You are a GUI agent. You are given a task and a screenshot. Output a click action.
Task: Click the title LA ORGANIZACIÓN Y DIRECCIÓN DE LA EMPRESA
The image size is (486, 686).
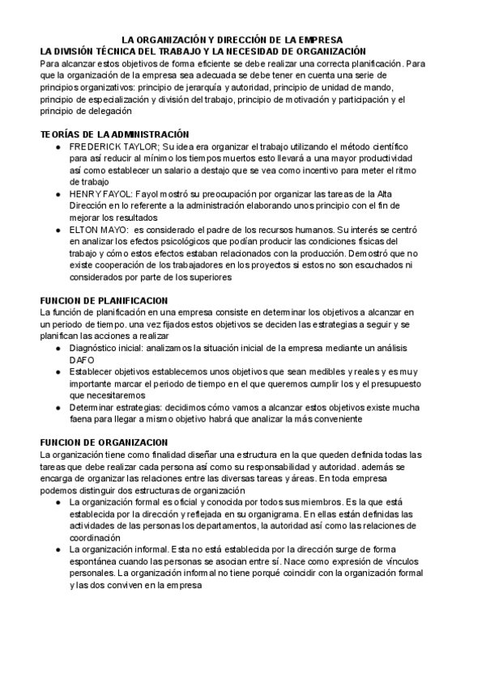point(232,40)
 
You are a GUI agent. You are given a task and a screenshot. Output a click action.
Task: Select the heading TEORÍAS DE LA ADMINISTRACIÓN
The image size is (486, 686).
point(114,133)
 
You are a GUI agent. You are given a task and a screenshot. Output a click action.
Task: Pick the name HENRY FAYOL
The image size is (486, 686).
point(99,194)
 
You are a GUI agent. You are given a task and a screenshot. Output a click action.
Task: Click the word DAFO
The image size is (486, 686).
point(83,360)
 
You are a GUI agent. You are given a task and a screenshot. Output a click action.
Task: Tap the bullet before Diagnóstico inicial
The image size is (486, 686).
point(58,348)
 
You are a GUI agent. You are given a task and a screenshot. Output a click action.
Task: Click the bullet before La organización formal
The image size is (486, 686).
point(58,502)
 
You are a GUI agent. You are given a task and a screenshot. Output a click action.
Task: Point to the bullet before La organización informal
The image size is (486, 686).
point(58,550)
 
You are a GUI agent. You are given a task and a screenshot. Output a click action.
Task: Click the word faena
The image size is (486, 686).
point(83,419)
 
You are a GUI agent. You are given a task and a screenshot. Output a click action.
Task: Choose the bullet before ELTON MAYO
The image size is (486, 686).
point(58,230)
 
